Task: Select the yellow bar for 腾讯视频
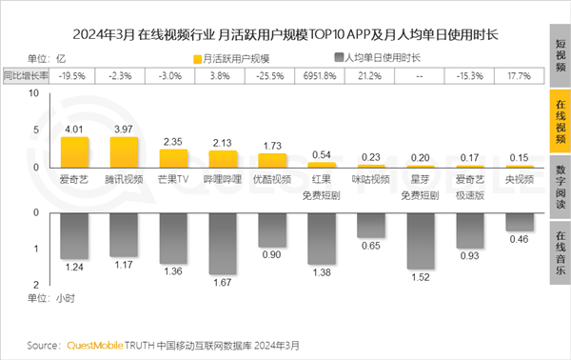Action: (124, 151)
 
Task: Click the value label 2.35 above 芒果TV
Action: (173, 143)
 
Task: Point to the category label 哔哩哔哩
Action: (223, 178)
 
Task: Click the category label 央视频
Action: (519, 178)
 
